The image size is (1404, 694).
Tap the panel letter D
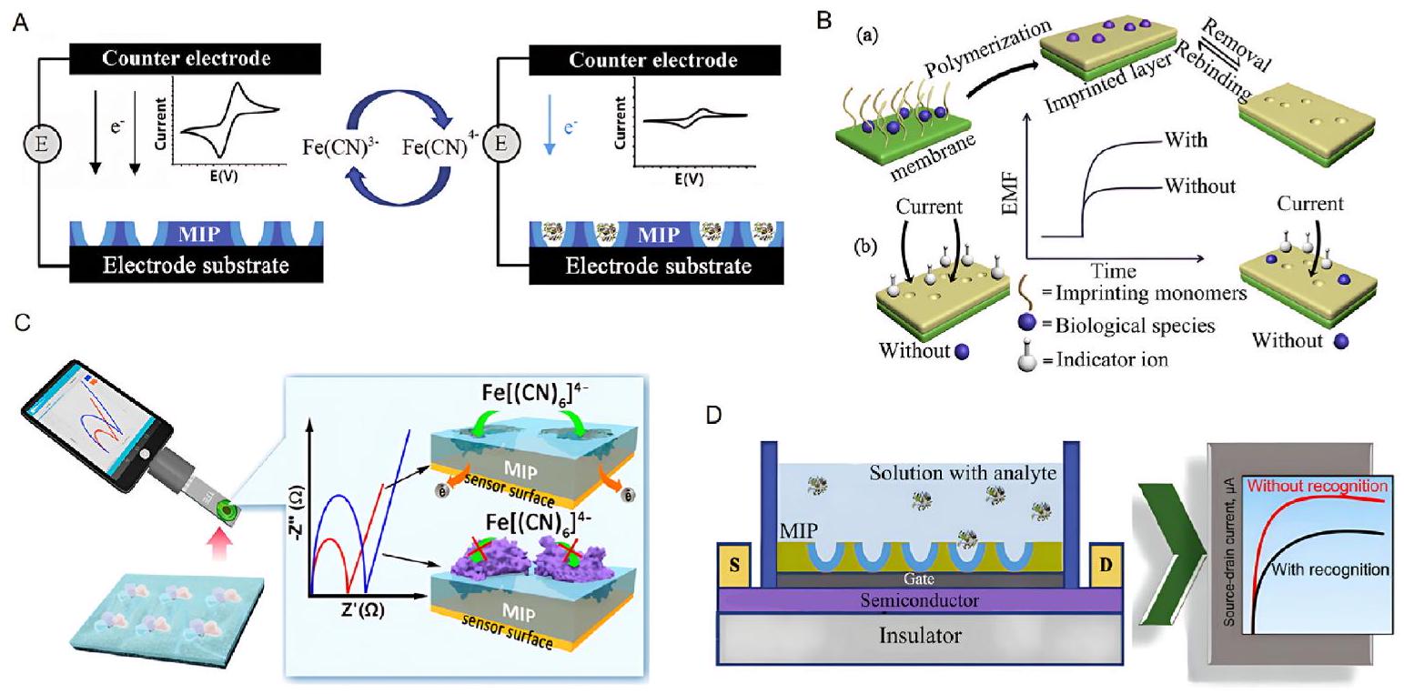(x=716, y=415)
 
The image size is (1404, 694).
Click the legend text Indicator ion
(x=1112, y=360)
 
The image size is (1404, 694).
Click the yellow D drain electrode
(x=1105, y=566)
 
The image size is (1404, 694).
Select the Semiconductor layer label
(x=919, y=600)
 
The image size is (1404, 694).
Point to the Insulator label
(x=919, y=634)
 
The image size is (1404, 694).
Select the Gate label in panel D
(x=919, y=578)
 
